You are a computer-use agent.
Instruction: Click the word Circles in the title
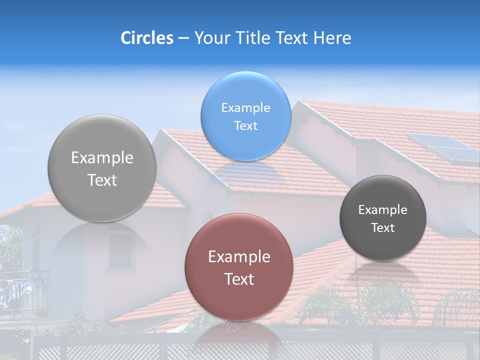pyautogui.click(x=146, y=38)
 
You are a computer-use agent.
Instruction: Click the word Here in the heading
pyautogui.click(x=332, y=38)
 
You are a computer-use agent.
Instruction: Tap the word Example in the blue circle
pyautogui.click(x=245, y=108)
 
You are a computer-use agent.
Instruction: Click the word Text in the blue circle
pyautogui.click(x=245, y=126)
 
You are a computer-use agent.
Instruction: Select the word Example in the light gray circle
pyautogui.click(x=102, y=158)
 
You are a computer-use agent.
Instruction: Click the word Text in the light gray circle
pyautogui.click(x=102, y=180)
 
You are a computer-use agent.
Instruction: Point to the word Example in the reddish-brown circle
pyautogui.click(x=239, y=257)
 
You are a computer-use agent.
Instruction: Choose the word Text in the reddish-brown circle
pyautogui.click(x=239, y=279)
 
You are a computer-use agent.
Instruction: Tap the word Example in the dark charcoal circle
pyautogui.click(x=383, y=210)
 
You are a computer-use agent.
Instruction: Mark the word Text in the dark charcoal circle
pyautogui.click(x=383, y=228)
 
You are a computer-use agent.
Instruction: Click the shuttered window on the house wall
pyautogui.click(x=121, y=248)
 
